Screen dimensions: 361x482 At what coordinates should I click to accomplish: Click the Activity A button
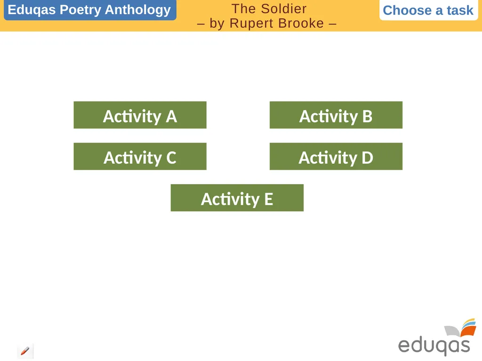pyautogui.click(x=140, y=115)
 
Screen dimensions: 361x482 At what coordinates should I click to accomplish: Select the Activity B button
pyautogui.click(x=336, y=115)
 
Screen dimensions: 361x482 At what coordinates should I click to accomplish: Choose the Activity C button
pyautogui.click(x=140, y=157)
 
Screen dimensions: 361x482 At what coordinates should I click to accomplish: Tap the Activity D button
pyautogui.click(x=336, y=157)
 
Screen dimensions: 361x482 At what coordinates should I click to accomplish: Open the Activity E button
pyautogui.click(x=237, y=198)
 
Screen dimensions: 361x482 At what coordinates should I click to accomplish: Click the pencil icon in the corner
pyautogui.click(x=25, y=351)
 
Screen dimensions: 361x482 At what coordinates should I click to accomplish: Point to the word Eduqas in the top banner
pyautogui.click(x=32, y=10)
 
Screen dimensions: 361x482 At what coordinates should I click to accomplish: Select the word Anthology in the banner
pyautogui.click(x=138, y=10)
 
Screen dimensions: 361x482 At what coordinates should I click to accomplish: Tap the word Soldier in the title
pyautogui.click(x=284, y=8)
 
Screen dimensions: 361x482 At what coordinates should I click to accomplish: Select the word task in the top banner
pyautogui.click(x=460, y=10)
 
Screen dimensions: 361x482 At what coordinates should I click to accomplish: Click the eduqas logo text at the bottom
pyautogui.click(x=434, y=345)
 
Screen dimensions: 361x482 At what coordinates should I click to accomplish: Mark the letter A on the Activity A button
pyautogui.click(x=171, y=116)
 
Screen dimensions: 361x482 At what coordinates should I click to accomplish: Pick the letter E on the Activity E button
pyautogui.click(x=268, y=199)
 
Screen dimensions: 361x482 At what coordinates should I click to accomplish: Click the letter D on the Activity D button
pyautogui.click(x=367, y=157)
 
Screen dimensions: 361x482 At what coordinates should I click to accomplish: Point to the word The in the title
pyautogui.click(x=243, y=8)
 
